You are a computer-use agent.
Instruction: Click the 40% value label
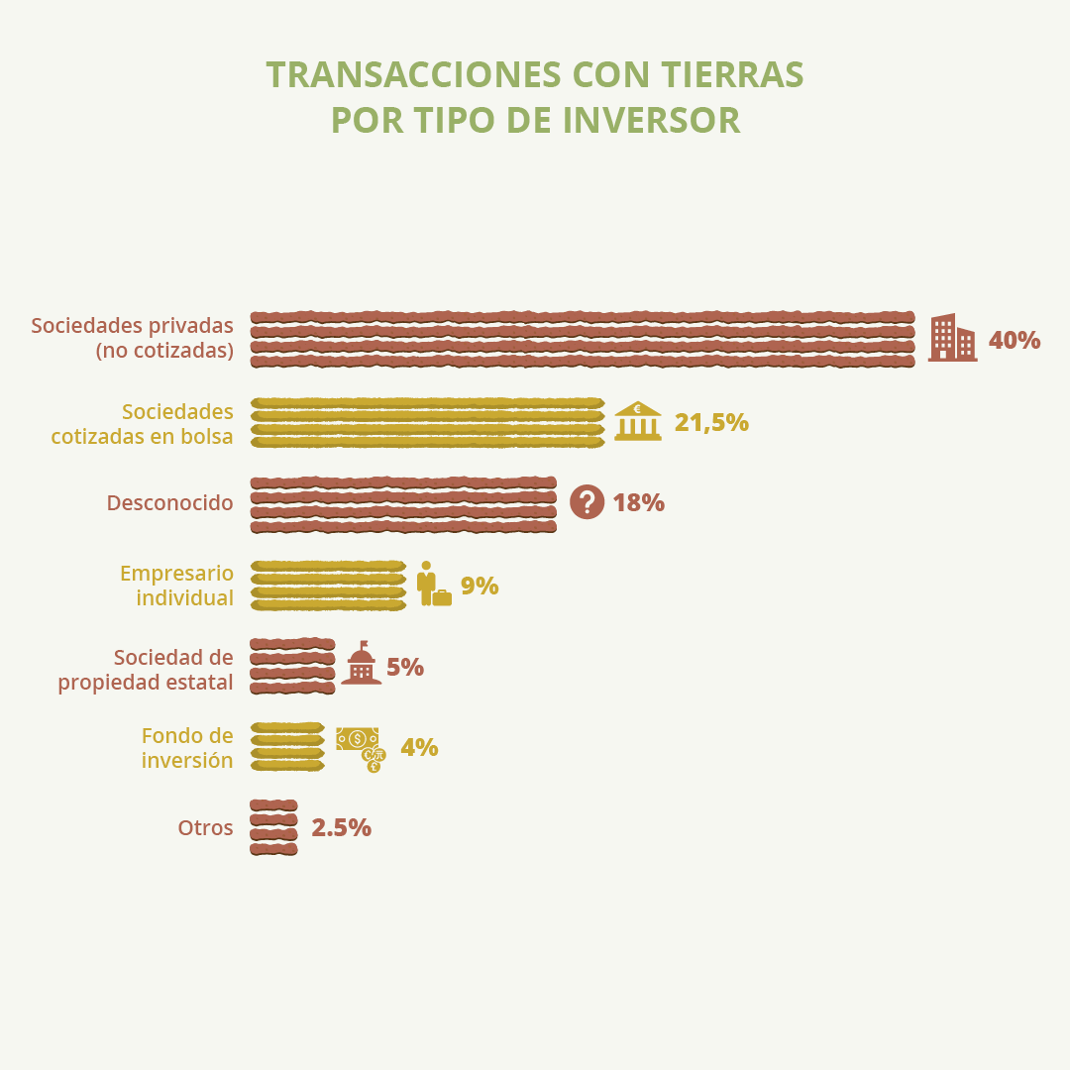point(1014,340)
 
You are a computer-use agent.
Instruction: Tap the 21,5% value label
point(710,422)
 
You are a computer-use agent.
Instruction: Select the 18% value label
point(638,502)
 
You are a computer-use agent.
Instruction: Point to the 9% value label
point(480,586)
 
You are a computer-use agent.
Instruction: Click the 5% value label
point(405,667)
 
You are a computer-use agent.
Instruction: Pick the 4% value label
point(419,747)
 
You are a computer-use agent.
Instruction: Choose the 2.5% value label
point(341,827)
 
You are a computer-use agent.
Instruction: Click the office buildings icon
point(952,338)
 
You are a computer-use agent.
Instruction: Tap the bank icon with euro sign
point(638,421)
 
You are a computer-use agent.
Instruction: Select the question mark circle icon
point(587,502)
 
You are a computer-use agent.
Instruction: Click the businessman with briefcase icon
point(433,585)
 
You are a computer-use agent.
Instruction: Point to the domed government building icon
point(361,664)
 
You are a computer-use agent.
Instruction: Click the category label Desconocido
point(169,502)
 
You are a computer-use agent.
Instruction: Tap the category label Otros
point(205,827)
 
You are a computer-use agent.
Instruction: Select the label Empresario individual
point(176,586)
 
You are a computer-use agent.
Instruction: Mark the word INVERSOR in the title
point(651,120)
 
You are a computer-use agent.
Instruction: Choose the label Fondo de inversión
point(187,748)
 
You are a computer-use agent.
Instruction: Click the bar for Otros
point(273,827)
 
